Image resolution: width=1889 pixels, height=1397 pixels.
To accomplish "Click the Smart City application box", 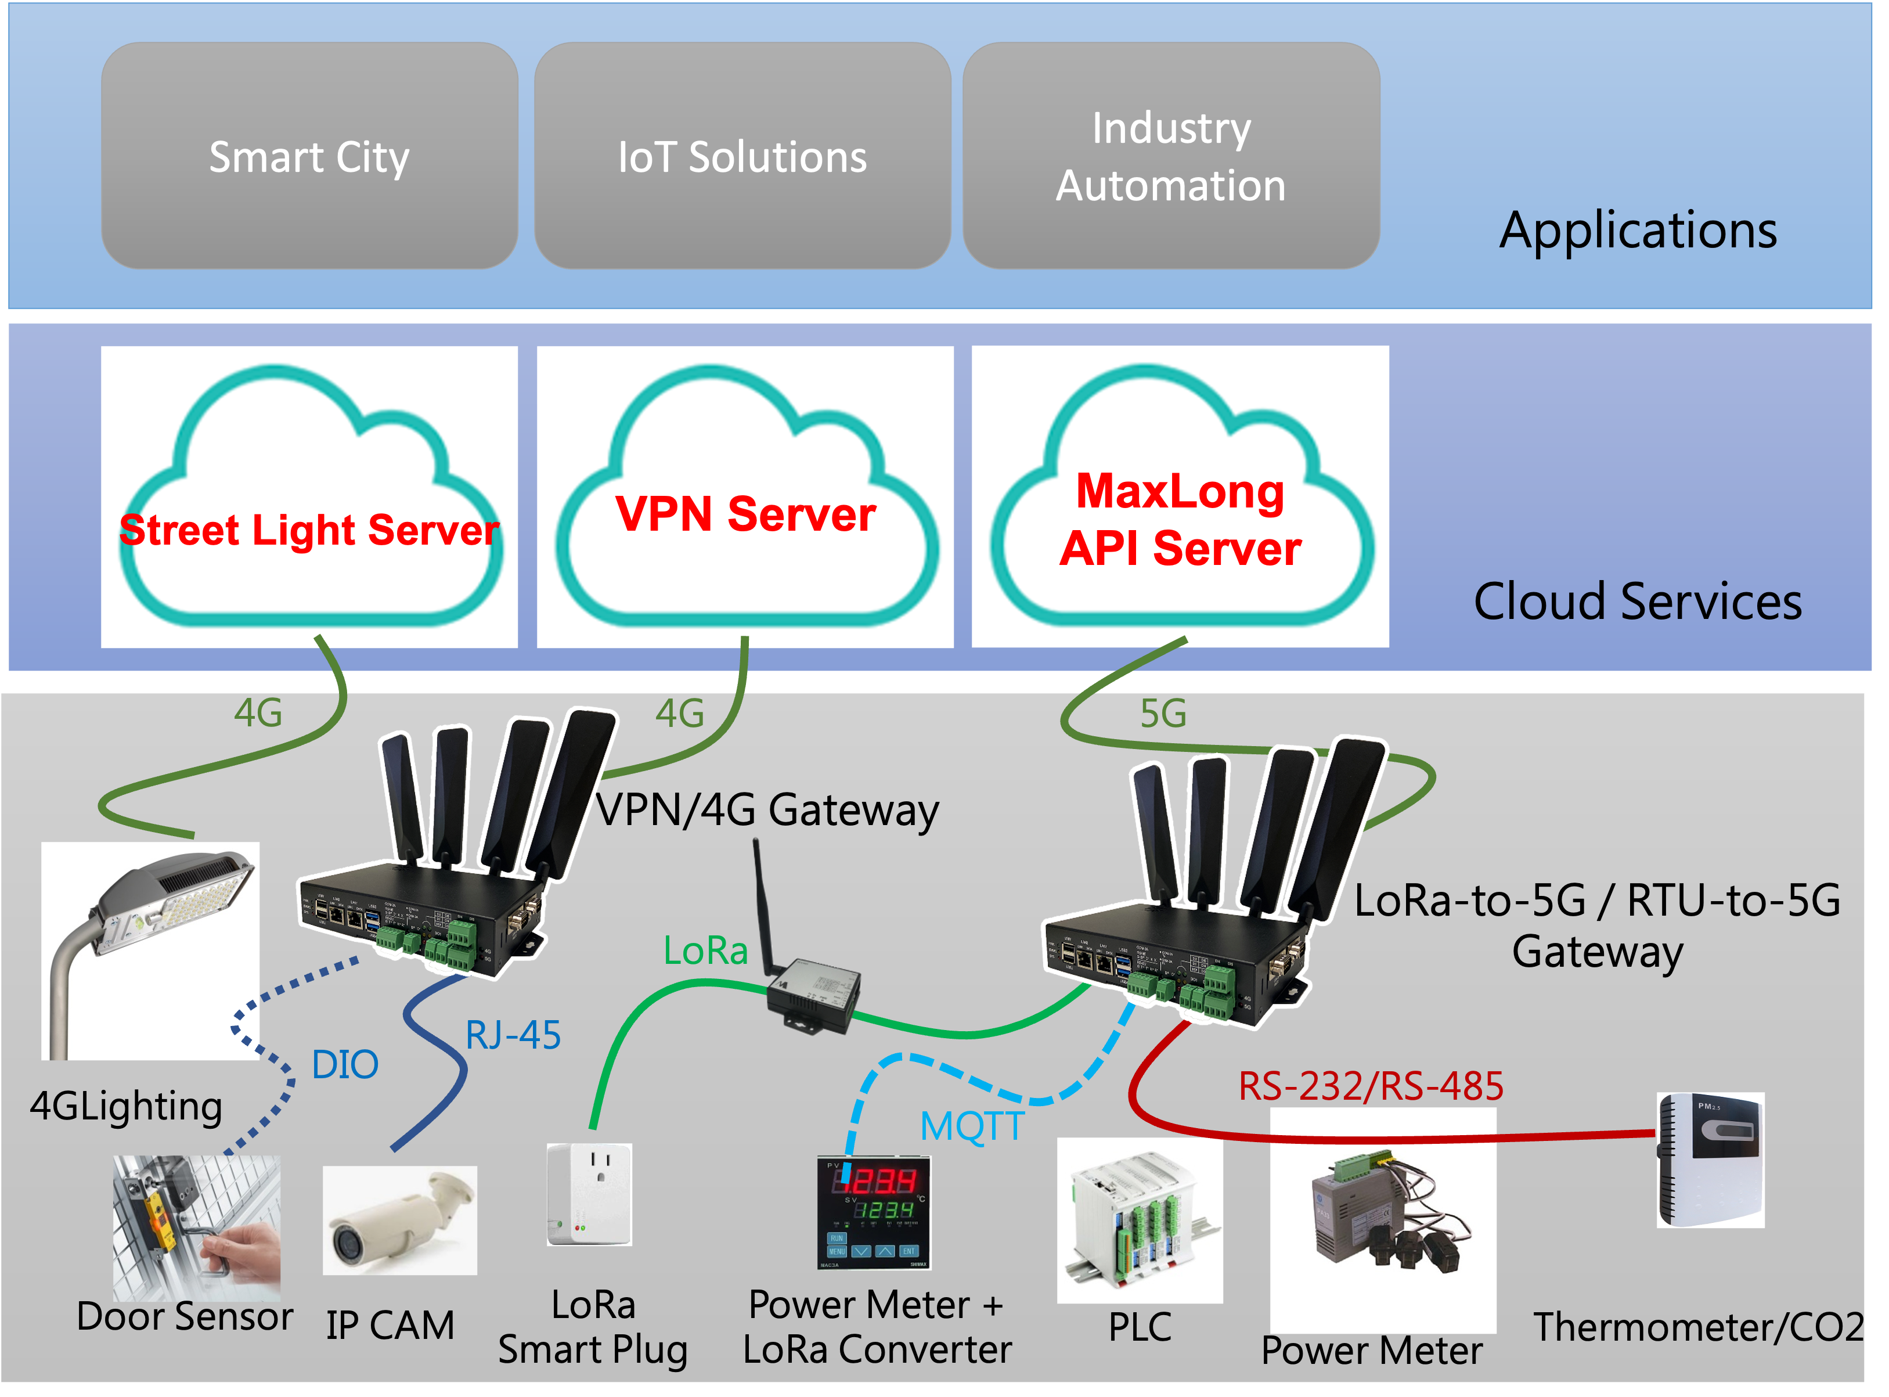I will (309, 156).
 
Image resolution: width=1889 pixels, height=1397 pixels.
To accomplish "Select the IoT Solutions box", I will (742, 156).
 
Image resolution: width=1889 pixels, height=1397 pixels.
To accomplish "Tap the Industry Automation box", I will (1171, 156).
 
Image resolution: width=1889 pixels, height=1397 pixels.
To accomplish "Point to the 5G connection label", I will (1163, 714).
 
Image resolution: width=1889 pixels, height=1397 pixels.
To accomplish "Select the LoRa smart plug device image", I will (589, 1194).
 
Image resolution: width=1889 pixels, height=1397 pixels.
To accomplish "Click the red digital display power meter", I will (874, 1212).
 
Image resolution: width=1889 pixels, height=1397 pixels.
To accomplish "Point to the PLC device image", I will (1139, 1220).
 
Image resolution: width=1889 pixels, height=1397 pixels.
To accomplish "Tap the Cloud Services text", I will (1638, 602).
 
